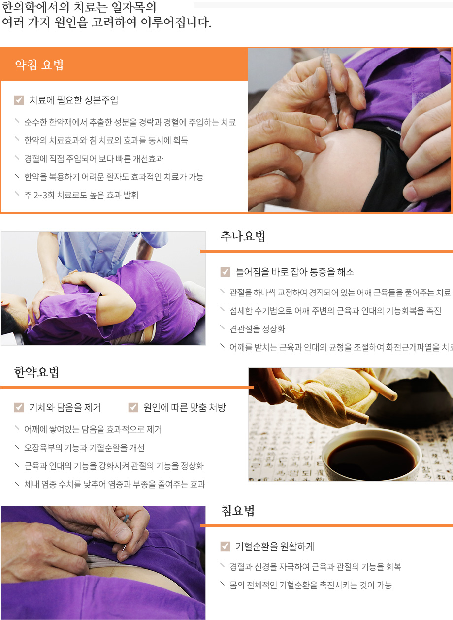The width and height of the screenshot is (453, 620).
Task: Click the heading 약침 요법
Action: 39,65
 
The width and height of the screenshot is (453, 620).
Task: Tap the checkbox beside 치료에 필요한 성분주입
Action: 19,100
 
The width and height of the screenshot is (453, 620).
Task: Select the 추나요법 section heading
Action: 243,236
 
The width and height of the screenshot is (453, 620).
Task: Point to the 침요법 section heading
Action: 238,511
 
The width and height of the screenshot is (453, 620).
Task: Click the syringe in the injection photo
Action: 329,84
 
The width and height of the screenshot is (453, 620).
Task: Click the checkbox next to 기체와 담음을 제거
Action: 19,407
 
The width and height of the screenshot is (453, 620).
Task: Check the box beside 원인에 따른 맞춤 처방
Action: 133,407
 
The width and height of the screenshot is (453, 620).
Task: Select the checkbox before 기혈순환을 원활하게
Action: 225,546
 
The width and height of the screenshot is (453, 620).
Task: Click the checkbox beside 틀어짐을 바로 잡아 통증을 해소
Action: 225,272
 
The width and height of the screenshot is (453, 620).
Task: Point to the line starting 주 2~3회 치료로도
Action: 81,195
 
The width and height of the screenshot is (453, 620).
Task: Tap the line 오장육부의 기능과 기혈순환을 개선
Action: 84,448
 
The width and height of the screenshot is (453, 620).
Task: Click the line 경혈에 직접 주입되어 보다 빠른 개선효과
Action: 94,159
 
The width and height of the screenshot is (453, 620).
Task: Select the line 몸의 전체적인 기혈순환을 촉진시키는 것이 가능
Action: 310,585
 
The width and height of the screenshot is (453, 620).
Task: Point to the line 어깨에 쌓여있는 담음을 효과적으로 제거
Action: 93,429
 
